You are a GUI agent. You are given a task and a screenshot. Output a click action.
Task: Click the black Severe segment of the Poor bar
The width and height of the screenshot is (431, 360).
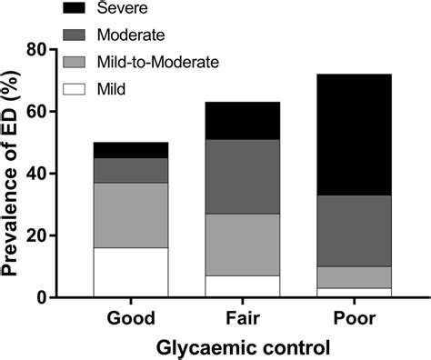(354, 135)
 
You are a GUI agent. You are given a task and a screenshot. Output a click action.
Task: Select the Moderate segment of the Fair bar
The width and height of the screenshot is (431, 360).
(242, 176)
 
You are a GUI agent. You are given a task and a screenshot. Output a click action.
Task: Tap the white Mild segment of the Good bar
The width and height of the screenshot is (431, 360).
(131, 272)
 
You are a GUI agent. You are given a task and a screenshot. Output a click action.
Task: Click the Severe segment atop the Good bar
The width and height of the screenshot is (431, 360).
(131, 150)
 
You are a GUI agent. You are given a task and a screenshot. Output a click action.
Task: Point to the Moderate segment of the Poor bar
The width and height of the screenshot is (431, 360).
(354, 231)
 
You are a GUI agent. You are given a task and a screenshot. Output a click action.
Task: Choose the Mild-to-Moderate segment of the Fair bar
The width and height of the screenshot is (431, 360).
(242, 245)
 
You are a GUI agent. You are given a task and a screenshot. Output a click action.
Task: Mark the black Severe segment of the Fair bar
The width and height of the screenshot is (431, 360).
(242, 120)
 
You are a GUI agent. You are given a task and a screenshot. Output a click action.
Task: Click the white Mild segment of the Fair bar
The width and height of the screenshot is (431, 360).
(242, 285)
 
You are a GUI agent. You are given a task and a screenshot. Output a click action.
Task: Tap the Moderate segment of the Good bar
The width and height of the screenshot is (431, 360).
(131, 170)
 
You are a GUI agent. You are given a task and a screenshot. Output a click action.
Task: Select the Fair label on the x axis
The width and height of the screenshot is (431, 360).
(242, 319)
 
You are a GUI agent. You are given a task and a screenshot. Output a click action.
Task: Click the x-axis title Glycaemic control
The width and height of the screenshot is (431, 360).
(242, 346)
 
